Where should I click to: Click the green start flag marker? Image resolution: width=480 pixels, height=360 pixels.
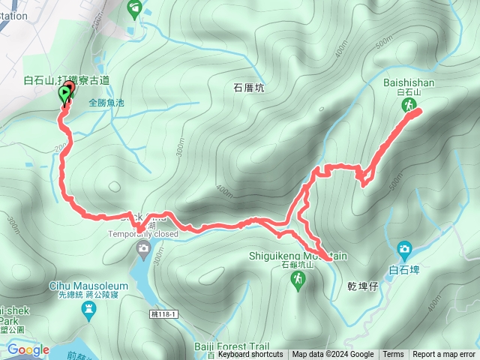(x=64, y=94)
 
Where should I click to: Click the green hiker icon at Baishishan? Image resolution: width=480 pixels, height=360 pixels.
(x=409, y=107)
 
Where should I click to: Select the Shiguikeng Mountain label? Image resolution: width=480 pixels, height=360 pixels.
(x=298, y=256)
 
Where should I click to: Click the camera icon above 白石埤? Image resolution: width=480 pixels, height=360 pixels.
(x=404, y=248)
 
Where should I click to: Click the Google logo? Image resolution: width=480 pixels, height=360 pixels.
(x=28, y=349)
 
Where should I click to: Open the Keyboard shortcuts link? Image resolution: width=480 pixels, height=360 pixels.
(x=250, y=355)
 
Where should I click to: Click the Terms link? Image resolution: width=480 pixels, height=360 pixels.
(x=393, y=355)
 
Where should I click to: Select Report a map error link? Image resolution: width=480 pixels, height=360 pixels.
(x=445, y=355)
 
